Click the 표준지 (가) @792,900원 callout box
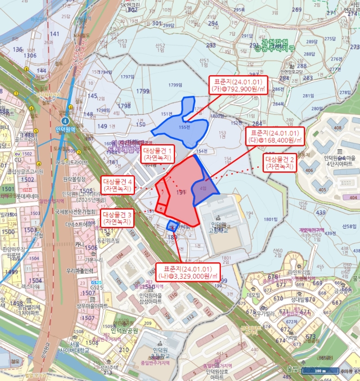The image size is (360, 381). tap(238, 85)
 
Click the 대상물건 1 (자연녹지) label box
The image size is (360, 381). tap(158, 154)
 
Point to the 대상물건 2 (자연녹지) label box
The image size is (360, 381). tap(279, 163)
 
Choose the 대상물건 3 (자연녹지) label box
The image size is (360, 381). tap(117, 219)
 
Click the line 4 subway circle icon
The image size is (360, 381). tap(66, 120)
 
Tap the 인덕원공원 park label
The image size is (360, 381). tap(125, 330)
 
